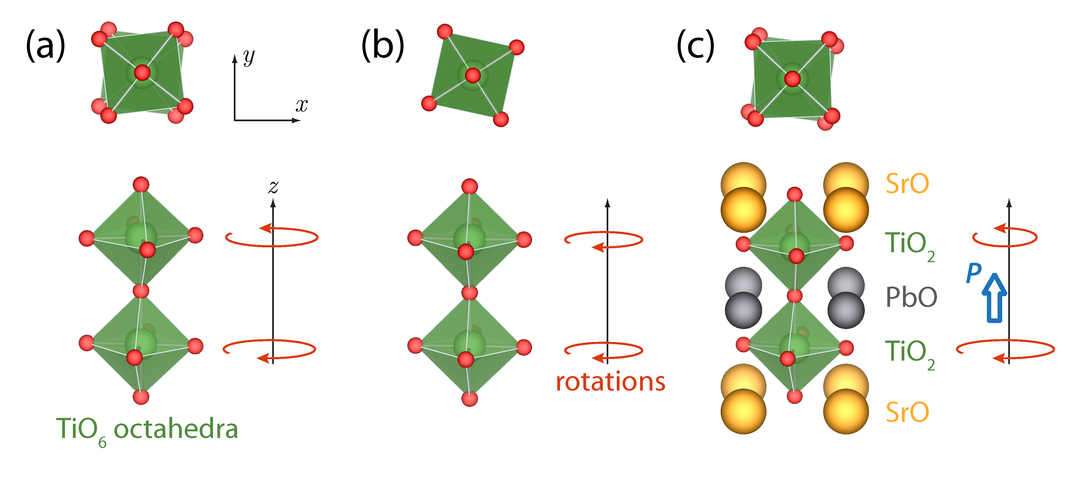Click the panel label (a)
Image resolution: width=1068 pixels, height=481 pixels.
45,46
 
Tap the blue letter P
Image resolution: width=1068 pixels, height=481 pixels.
973,273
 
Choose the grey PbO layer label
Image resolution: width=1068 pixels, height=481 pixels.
911,297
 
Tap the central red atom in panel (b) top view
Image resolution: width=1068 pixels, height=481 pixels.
473,75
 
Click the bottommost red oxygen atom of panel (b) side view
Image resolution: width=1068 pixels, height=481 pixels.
469,399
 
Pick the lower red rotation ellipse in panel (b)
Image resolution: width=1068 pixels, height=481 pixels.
603,350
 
